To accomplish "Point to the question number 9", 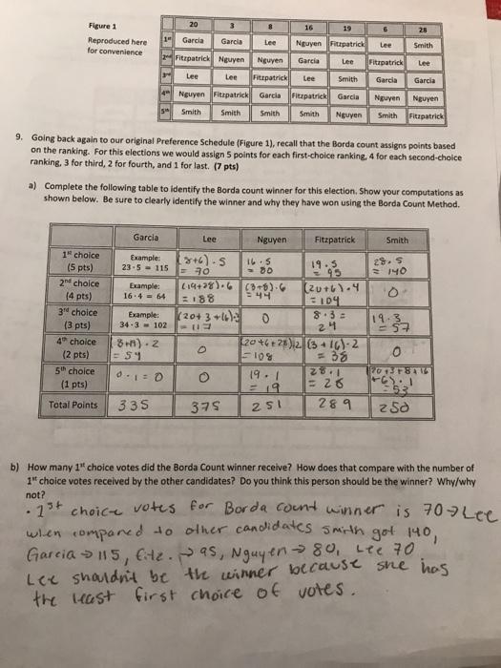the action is [x=20, y=137].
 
